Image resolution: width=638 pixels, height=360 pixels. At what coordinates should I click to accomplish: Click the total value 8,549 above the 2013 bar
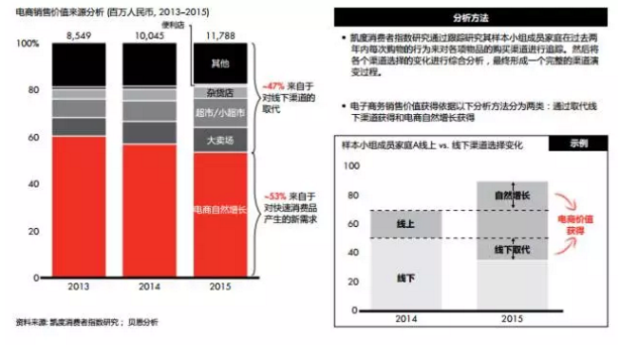pyautogui.click(x=79, y=34)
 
